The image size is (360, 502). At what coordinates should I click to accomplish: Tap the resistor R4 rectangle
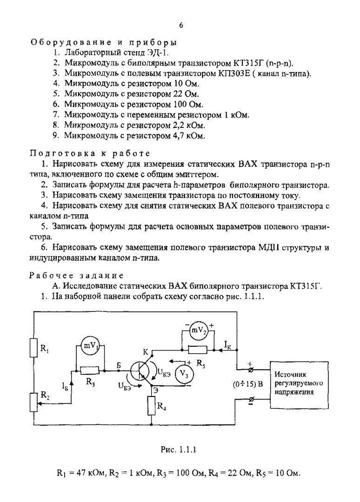pyautogui.click(x=152, y=406)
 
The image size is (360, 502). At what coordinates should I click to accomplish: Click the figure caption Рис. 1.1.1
pyautogui.click(x=180, y=449)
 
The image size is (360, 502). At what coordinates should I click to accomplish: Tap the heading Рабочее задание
pyautogui.click(x=77, y=275)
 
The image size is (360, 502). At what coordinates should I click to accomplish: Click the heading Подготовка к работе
pyautogui.click(x=90, y=153)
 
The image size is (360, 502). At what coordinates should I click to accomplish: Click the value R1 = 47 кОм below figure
pyautogui.click(x=82, y=473)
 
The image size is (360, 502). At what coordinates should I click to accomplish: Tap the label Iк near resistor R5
pyautogui.click(x=227, y=344)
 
